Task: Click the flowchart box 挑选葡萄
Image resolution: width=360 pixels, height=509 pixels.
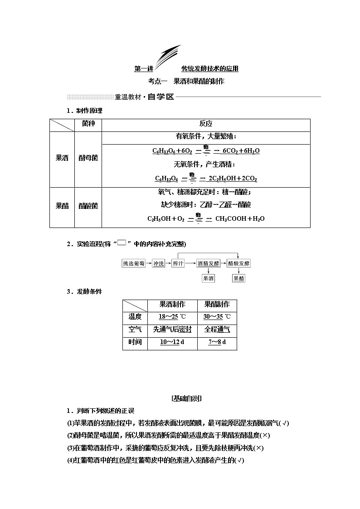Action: pos(136,264)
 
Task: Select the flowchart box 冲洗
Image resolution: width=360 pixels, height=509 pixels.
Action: pos(158,264)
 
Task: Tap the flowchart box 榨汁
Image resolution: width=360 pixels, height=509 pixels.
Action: pos(178,264)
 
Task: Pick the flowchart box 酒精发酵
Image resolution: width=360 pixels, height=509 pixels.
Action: pos(208,264)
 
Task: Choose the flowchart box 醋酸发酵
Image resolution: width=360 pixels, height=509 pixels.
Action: pos(238,264)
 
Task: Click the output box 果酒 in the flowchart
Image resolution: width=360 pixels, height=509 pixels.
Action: pos(208,278)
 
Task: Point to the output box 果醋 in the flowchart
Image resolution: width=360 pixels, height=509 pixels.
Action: pos(238,278)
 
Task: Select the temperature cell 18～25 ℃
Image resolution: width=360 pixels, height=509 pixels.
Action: pos(172,317)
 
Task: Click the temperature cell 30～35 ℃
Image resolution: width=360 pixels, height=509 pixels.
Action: pos(217,317)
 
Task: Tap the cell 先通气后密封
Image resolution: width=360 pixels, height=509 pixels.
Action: pos(172,330)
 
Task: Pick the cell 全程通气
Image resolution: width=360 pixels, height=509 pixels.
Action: pos(217,330)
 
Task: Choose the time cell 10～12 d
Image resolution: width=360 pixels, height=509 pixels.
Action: pos(172,342)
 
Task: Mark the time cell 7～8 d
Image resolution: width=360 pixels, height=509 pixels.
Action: pos(217,342)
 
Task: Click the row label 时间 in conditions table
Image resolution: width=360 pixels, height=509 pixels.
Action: pos(135,342)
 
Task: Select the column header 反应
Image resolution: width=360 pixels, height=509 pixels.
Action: pos(206,124)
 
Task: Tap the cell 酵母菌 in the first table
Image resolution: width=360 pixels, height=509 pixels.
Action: pos(88,158)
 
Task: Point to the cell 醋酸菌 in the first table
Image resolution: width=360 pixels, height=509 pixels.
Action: pos(88,206)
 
